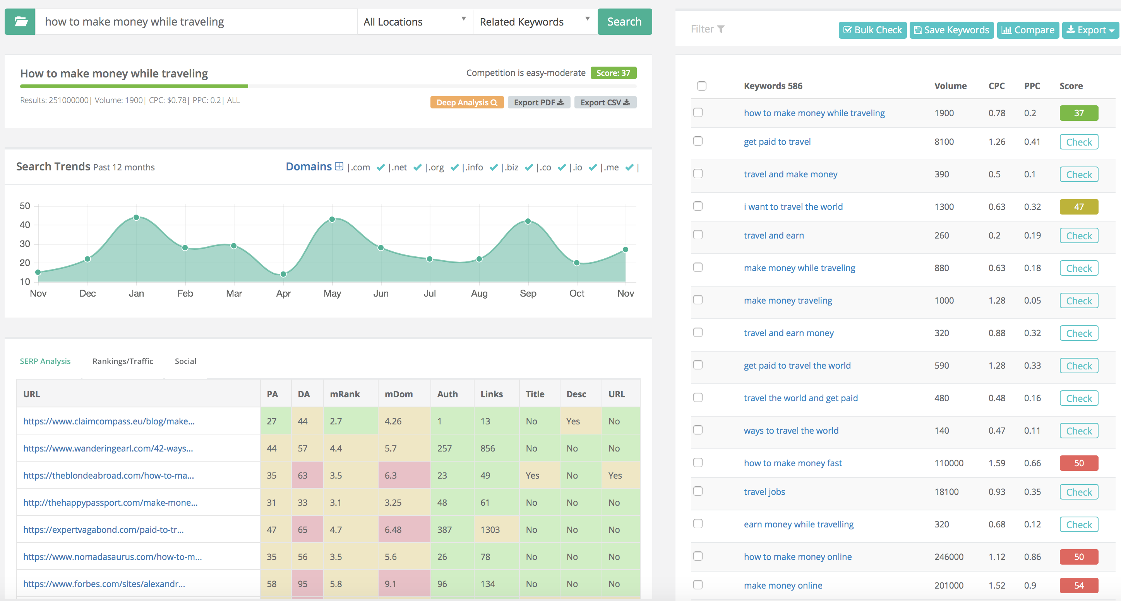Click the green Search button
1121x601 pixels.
click(x=624, y=22)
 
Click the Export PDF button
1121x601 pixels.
click(x=538, y=102)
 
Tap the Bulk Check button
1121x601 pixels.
click(x=872, y=30)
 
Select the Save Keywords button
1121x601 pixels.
click(x=951, y=30)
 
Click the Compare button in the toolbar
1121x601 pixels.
click(x=1027, y=30)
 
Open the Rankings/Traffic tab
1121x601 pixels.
click(x=123, y=361)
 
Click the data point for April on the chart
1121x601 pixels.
click(x=283, y=274)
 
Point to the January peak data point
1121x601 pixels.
click(x=136, y=217)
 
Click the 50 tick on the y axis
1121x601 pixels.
click(x=25, y=206)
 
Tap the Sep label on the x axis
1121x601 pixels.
click(x=528, y=293)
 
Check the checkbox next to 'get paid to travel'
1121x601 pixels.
click(x=698, y=141)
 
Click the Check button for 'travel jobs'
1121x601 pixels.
click(x=1078, y=492)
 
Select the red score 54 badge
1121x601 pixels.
click(x=1078, y=586)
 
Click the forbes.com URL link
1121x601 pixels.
click(x=104, y=584)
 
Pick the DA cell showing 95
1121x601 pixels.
click(x=303, y=584)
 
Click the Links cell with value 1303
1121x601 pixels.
click(x=490, y=530)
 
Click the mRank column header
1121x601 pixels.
click(x=345, y=394)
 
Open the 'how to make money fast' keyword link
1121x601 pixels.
click(x=792, y=463)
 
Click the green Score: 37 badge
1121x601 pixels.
click(x=613, y=73)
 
